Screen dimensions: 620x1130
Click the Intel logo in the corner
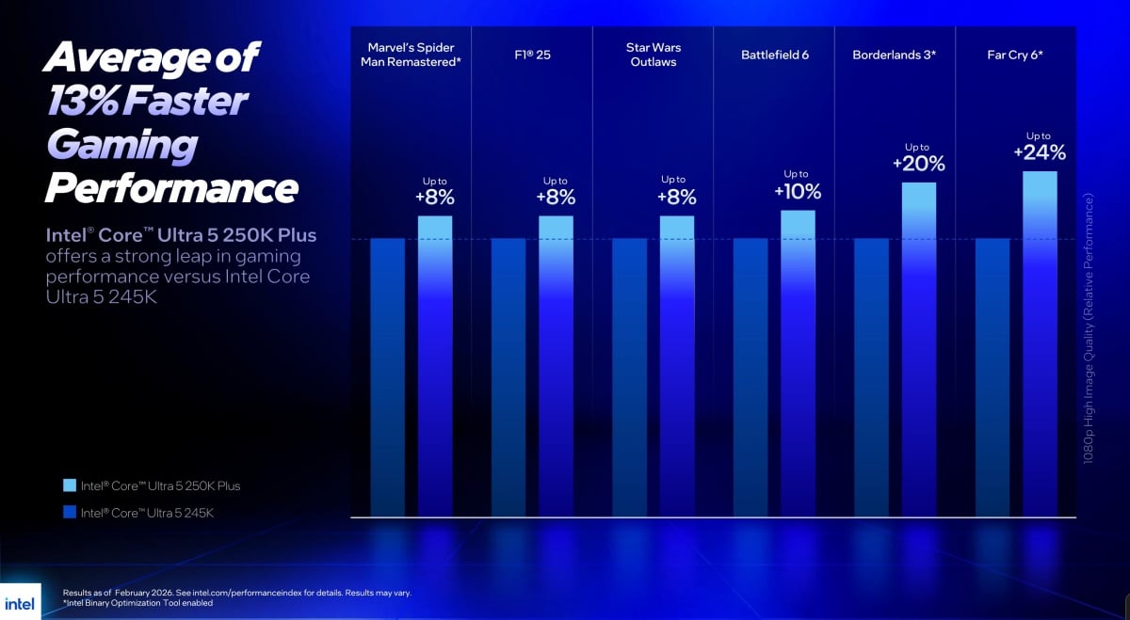click(19, 602)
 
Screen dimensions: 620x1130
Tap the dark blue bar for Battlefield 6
click(750, 376)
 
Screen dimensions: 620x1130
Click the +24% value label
click(1040, 152)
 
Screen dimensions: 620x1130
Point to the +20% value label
click(918, 163)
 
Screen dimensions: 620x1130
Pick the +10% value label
click(798, 191)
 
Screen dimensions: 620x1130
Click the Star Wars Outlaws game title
click(653, 55)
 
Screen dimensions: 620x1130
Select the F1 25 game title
click(532, 55)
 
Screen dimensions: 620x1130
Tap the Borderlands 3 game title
click(894, 55)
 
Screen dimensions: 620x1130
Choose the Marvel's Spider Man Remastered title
click(411, 55)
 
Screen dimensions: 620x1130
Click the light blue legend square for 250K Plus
click(70, 485)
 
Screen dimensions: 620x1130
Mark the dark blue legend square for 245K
click(70, 513)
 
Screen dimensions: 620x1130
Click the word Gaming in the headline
click(121, 146)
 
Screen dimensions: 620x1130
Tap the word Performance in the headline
click(171, 188)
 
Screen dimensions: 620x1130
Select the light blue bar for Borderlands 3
click(918, 348)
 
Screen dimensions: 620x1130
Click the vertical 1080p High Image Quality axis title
click(1089, 329)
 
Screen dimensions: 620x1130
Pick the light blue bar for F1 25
click(556, 367)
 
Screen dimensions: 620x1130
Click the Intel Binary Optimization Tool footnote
click(137, 603)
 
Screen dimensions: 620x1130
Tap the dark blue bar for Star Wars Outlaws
click(629, 376)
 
